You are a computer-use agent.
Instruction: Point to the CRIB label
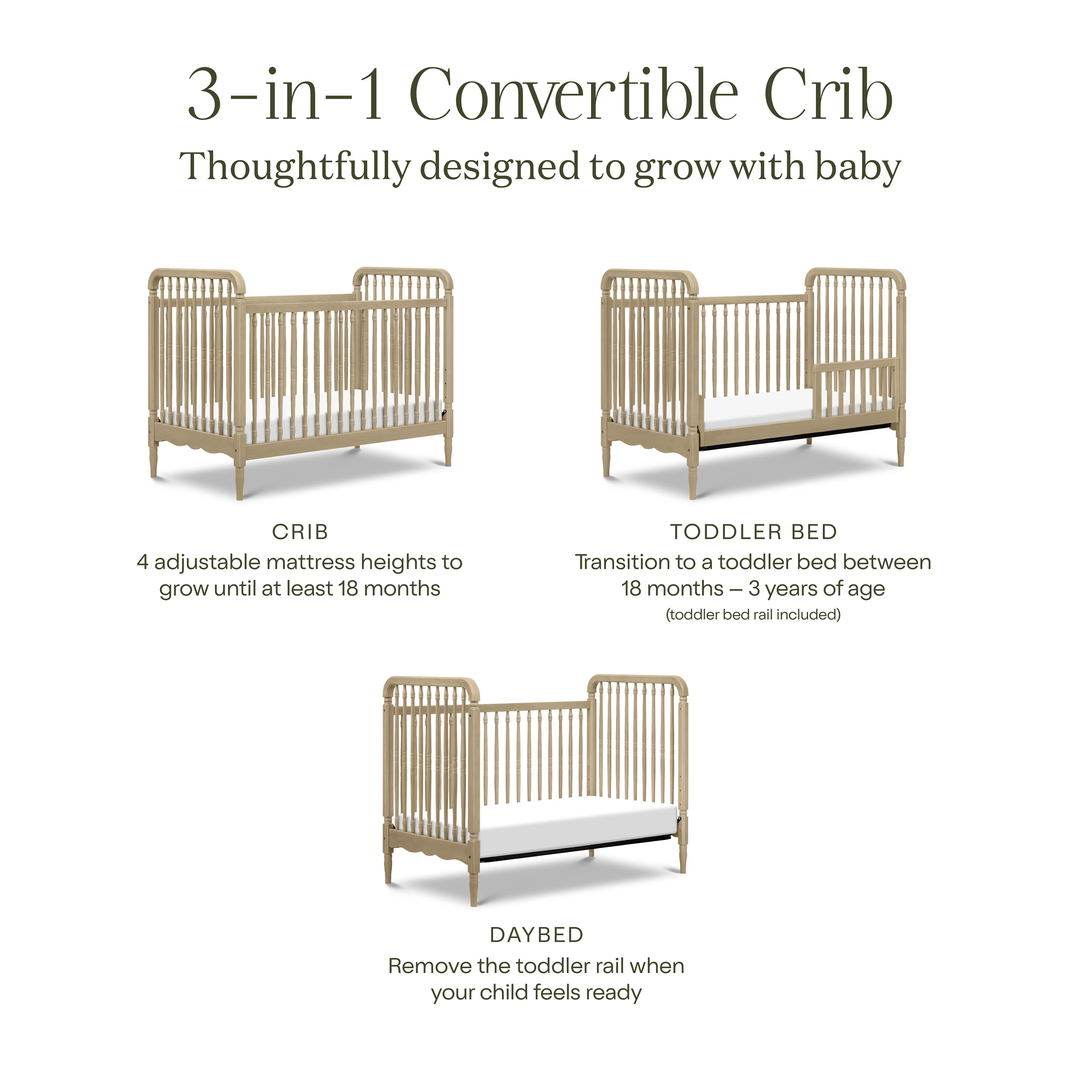[300, 532]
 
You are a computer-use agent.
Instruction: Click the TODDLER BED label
[754, 532]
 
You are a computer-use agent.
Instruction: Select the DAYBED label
[537, 934]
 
